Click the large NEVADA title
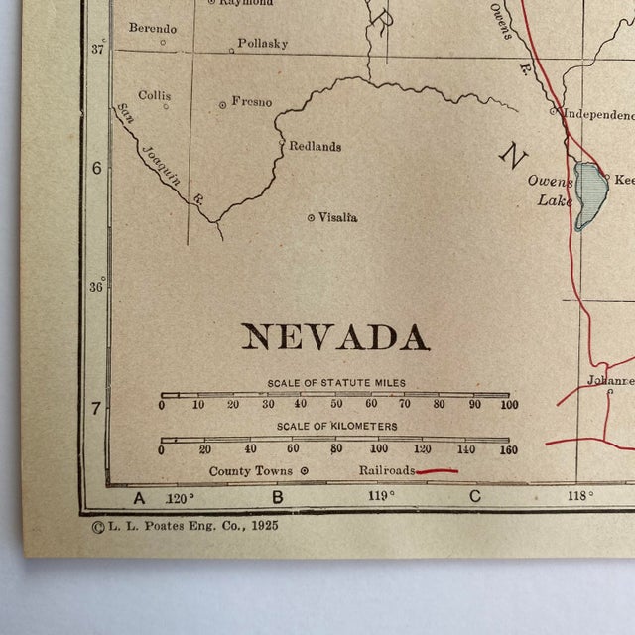335,337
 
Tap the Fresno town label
251,101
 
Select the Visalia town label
338,217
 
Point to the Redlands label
315,146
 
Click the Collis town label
154,95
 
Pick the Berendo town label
153,27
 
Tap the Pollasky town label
263,44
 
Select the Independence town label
597,114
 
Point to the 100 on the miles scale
509,404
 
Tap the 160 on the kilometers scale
507,449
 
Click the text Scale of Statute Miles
335,383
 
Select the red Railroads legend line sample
437,471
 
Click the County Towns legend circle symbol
304,471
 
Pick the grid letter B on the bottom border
278,497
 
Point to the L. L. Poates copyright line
186,526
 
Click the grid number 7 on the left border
96,407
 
